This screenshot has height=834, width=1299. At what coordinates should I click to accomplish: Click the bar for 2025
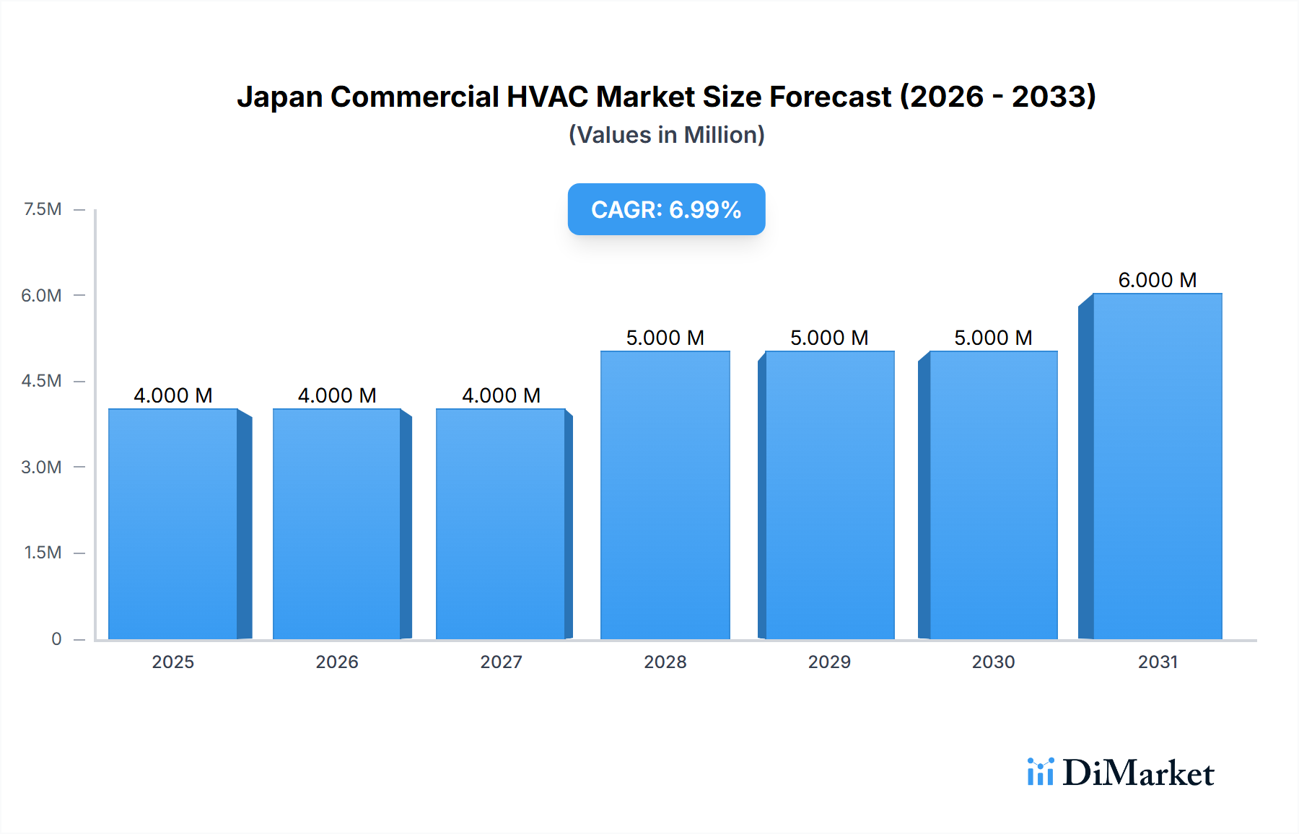coord(173,524)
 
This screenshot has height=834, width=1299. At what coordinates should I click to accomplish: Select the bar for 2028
coord(665,495)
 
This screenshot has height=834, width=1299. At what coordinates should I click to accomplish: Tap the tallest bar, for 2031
coord(1157,466)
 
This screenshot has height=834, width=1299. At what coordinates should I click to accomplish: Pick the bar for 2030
coord(993,495)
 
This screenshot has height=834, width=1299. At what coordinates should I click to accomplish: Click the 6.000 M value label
coord(1157,280)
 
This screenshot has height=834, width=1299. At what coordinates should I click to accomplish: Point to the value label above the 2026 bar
coord(337,395)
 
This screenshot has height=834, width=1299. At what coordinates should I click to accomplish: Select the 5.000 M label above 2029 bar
coord(829,338)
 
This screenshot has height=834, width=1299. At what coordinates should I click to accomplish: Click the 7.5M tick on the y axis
coord(43,209)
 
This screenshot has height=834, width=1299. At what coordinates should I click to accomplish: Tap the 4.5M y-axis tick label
coord(41,381)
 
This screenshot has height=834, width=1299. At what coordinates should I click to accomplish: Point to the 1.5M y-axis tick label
coord(43,553)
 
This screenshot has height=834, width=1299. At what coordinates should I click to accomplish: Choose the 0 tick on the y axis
coord(56,638)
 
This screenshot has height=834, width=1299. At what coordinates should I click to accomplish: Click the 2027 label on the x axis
coord(501,662)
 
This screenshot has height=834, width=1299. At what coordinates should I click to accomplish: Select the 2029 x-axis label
coord(829,662)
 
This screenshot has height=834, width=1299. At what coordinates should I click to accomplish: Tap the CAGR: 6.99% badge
coord(666,209)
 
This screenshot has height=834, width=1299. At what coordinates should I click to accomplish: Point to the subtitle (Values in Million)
coord(666,135)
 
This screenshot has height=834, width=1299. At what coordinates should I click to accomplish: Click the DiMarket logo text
coord(1138,773)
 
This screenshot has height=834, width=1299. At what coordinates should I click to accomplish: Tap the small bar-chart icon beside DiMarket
coord(1040,772)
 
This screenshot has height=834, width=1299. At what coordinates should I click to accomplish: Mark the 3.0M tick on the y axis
coord(41,467)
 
